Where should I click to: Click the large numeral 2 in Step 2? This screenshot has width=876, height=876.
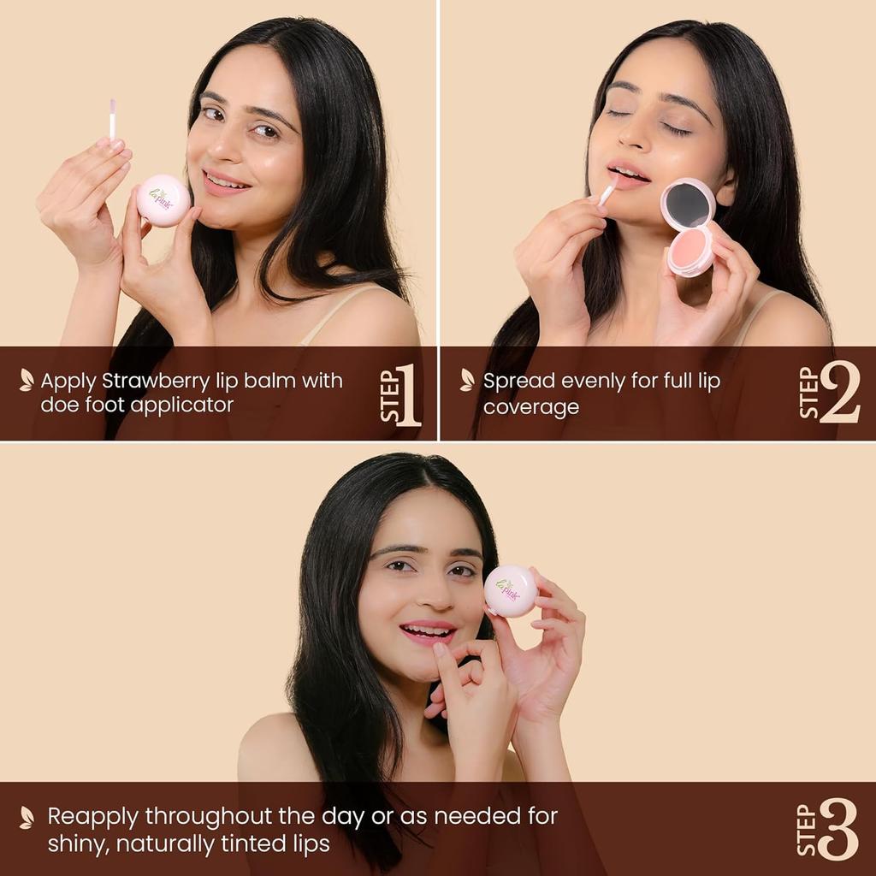click(839, 394)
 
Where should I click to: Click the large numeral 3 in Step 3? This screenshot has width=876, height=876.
click(838, 830)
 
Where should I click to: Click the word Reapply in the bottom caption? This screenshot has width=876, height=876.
click(92, 816)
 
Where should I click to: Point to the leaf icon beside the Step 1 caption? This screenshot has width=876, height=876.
click(27, 380)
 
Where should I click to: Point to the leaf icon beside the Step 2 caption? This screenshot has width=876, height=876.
click(467, 380)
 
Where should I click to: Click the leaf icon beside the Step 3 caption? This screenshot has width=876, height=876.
click(27, 817)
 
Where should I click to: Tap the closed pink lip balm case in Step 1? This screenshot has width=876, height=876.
click(163, 200)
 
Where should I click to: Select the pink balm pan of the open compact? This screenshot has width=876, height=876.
click(691, 249)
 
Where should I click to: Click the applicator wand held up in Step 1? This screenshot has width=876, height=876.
click(112, 119)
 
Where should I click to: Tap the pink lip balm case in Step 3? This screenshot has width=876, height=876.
click(511, 590)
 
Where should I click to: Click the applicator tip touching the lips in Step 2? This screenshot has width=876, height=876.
click(608, 192)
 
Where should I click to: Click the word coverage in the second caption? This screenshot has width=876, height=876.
click(530, 406)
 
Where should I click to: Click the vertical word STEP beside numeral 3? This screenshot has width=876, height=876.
click(806, 830)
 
